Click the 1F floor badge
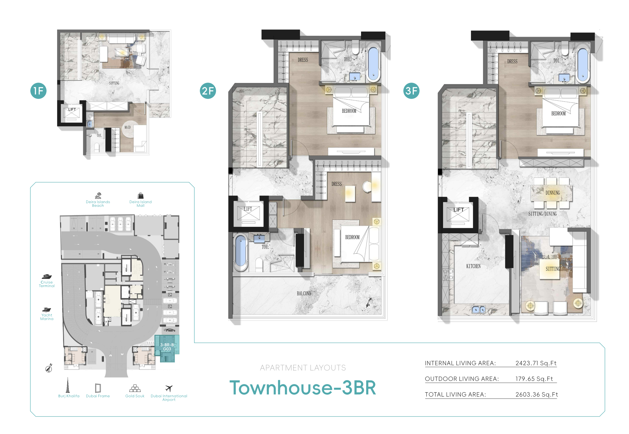(x=38, y=91)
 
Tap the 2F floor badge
(x=208, y=91)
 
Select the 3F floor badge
(x=411, y=91)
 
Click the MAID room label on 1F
(x=128, y=127)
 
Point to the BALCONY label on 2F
(x=304, y=293)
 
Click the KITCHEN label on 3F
(x=473, y=266)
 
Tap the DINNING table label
(x=553, y=193)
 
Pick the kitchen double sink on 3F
(x=479, y=309)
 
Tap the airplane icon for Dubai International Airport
(x=169, y=388)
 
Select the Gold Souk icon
(x=135, y=388)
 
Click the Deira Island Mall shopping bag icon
(x=141, y=196)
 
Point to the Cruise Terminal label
(x=47, y=284)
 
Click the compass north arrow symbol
(x=49, y=368)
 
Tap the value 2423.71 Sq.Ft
(x=536, y=363)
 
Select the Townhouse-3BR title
(x=303, y=388)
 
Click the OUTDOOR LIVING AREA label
(x=462, y=379)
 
